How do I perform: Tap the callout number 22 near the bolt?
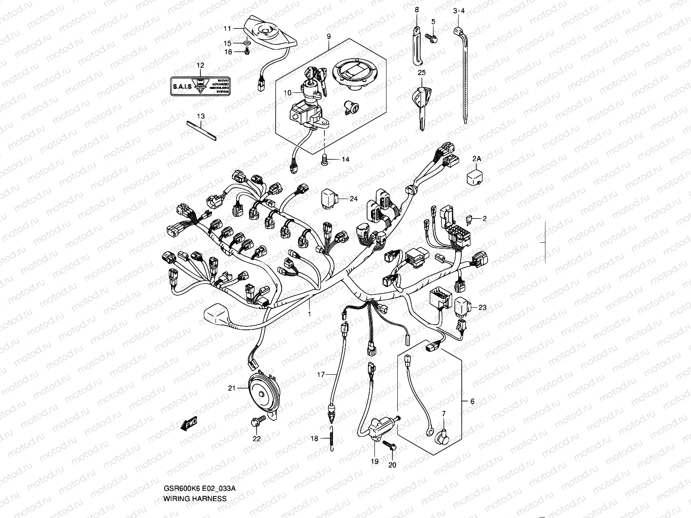257,438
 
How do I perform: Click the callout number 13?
201,117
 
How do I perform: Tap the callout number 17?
321,375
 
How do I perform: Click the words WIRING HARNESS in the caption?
194,498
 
